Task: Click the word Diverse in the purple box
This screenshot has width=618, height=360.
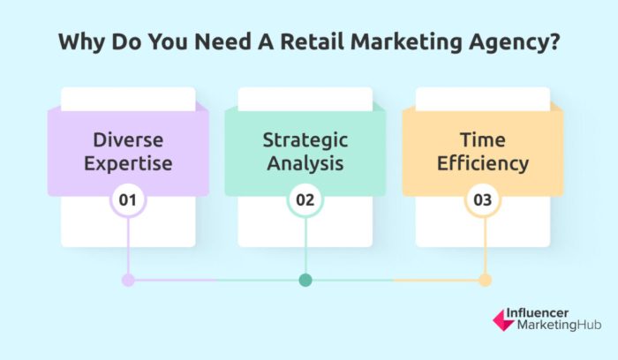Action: [x=128, y=139]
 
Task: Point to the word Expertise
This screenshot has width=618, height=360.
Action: [x=128, y=163]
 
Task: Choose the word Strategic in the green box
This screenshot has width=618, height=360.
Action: [x=305, y=139]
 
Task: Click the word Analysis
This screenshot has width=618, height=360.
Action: [x=305, y=163]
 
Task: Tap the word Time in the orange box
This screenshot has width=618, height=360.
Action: [x=482, y=139]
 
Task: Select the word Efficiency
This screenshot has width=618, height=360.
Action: [x=482, y=163]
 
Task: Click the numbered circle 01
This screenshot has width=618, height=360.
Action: [x=128, y=199]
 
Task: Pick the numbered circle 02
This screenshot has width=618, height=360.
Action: [x=305, y=199]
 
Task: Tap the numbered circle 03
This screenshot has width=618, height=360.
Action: [x=482, y=199]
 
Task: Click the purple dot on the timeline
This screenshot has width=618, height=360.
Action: [x=128, y=281]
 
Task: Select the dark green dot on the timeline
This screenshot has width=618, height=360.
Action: [x=305, y=281]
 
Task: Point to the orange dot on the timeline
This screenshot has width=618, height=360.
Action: [x=484, y=281]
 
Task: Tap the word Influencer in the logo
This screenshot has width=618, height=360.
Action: [x=543, y=313]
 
